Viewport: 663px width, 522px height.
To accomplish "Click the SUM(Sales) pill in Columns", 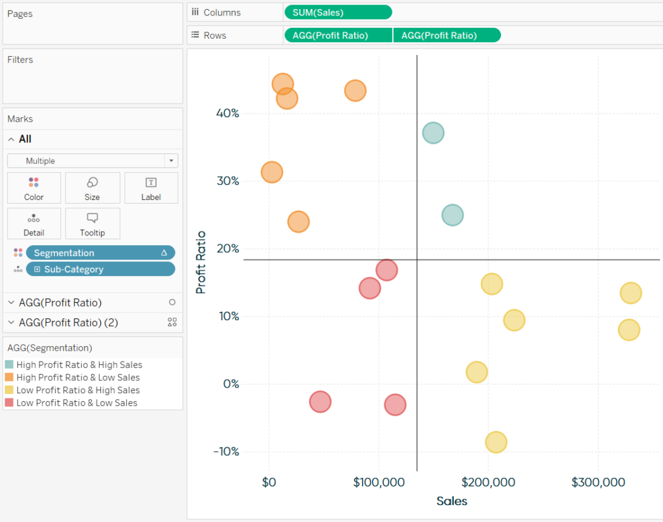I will (337, 12).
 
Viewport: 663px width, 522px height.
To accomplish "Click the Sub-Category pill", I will (100, 269).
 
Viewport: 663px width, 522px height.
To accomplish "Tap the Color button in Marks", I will (34, 188).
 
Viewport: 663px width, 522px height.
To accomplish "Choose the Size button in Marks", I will (92, 188).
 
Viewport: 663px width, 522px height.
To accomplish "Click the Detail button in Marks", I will (34, 224).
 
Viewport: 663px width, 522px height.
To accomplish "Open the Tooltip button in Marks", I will (92, 224).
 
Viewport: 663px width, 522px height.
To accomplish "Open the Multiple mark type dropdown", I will (92, 161).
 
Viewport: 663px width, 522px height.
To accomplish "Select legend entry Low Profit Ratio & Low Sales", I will (76, 403).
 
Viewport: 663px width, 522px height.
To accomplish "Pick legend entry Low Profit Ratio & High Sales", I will (78, 390).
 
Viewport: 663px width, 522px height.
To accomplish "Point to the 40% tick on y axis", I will (227, 113).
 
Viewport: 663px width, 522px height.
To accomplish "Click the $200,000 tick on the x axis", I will (488, 483).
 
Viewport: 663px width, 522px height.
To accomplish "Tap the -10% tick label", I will (226, 451).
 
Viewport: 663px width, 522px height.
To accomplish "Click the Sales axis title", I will (451, 501).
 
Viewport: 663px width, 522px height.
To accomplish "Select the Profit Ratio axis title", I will (201, 262).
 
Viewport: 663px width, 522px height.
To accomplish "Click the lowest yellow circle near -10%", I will (496, 442).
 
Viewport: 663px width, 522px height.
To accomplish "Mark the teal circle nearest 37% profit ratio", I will (433, 133).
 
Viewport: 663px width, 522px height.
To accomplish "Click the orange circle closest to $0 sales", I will (272, 172).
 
